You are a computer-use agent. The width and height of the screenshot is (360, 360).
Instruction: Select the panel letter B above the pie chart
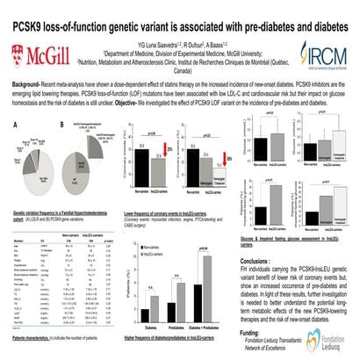click(x=61, y=126)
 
